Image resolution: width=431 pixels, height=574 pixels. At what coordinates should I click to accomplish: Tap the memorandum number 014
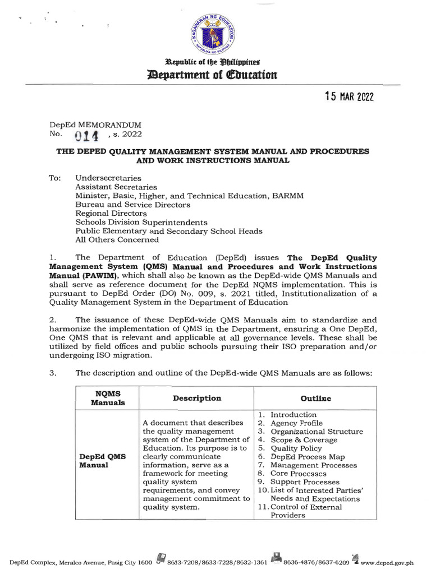click(x=87, y=135)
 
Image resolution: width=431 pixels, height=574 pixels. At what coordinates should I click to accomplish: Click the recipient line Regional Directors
click(x=111, y=214)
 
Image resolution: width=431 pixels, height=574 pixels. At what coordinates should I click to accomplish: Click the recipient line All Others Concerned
click(x=117, y=240)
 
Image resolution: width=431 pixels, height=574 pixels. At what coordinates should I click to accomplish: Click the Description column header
click(x=197, y=398)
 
